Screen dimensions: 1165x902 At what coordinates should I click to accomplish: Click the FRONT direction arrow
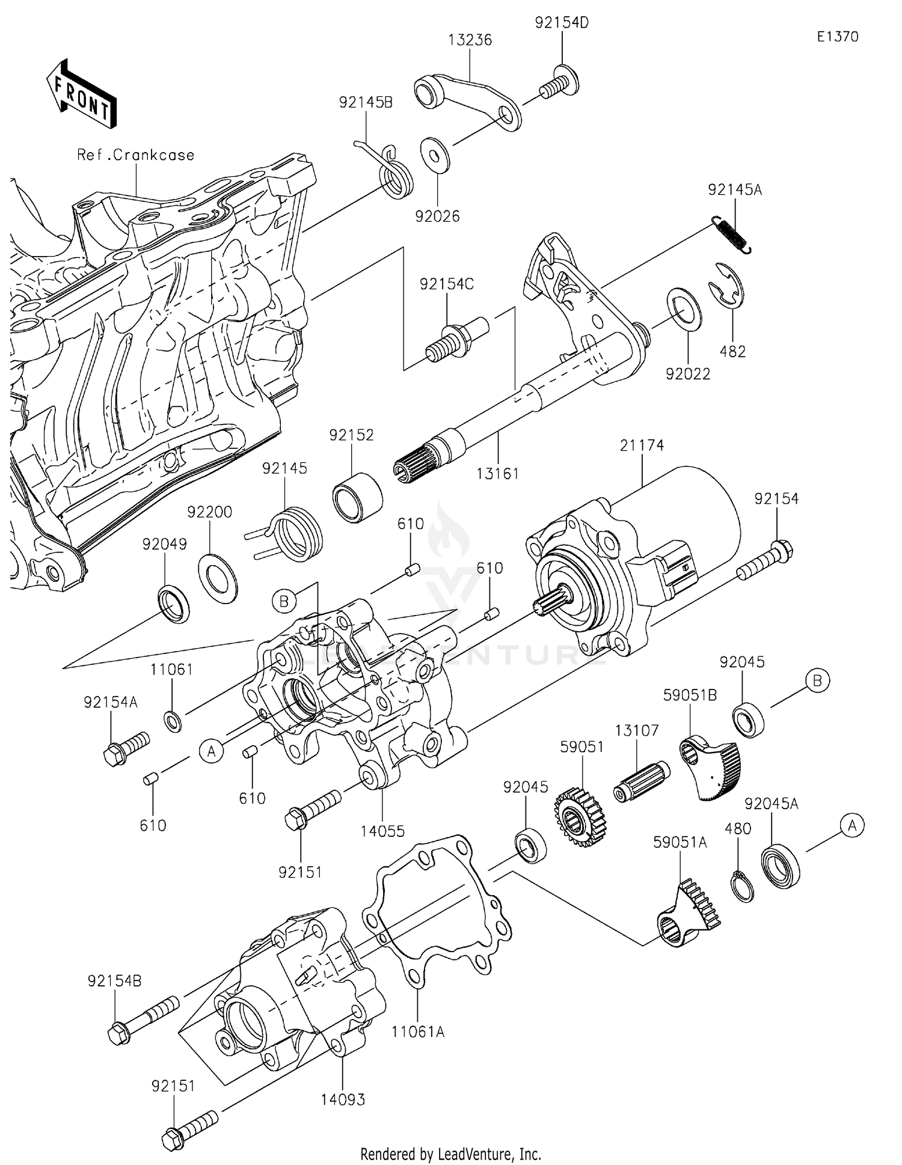(x=81, y=94)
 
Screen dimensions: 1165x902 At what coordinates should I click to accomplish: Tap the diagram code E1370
(x=837, y=37)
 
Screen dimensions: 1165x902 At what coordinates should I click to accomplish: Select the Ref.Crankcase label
(x=135, y=155)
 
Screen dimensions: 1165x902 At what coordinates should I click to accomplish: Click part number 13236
(x=470, y=40)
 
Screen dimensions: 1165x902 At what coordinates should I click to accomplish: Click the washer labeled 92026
(x=436, y=155)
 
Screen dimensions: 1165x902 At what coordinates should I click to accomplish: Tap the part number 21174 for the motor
(x=642, y=445)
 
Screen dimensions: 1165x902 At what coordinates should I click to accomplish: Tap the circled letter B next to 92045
(x=817, y=680)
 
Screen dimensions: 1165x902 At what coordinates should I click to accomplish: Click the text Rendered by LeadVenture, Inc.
(x=450, y=1154)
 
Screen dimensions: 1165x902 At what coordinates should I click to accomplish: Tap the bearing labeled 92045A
(x=781, y=867)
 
